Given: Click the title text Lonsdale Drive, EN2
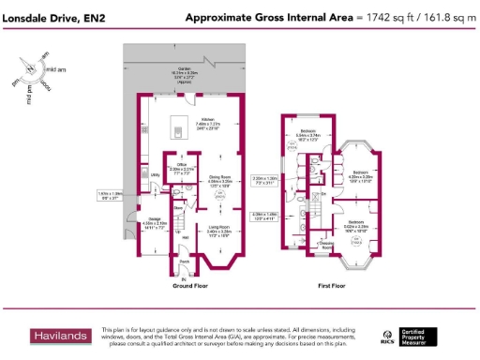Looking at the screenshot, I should (52, 18).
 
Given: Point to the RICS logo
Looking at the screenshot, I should (386, 336).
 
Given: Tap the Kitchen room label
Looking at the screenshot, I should (208, 119).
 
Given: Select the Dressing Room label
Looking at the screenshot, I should (326, 244).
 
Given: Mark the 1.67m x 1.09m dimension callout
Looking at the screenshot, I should (111, 196).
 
